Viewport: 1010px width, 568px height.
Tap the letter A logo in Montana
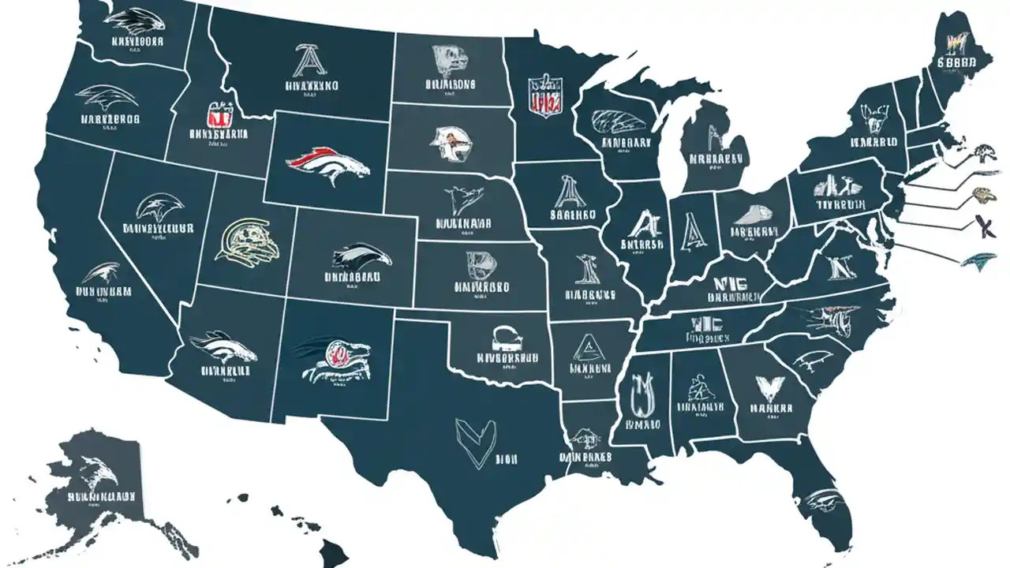coord(304,61)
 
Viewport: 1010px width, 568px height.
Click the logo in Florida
coord(823,500)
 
